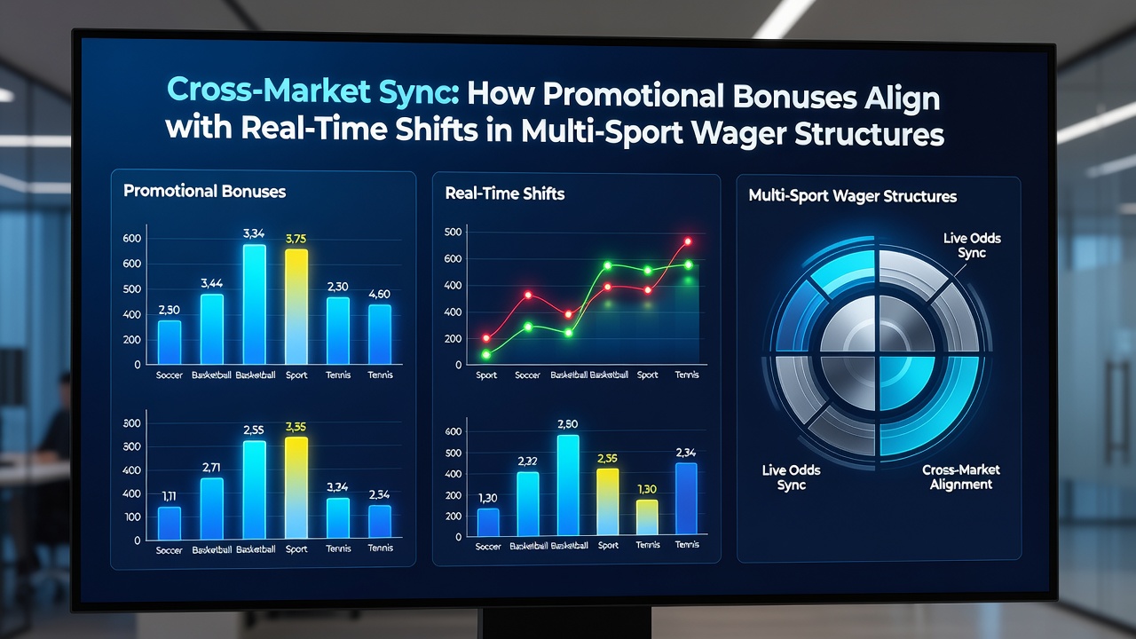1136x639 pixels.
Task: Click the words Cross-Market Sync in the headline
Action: pos(313,91)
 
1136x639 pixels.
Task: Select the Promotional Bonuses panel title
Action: pos(204,191)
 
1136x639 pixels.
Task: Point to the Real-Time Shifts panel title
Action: pos(505,193)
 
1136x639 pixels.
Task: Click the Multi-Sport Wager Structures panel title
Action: pos(853,196)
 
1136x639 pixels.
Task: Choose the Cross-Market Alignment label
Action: pos(961,477)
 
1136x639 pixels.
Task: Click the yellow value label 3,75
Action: pos(296,239)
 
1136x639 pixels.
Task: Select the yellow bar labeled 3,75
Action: pos(296,306)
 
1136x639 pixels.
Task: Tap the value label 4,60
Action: pos(379,294)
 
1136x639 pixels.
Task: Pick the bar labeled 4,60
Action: pos(379,335)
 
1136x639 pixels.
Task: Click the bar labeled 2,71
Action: pos(211,509)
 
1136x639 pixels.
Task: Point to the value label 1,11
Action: pos(169,496)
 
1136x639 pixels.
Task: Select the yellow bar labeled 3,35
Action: pos(296,487)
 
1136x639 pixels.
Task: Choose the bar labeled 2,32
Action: pos(527,503)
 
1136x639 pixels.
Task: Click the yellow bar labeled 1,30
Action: pos(647,517)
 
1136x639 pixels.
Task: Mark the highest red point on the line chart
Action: pos(688,241)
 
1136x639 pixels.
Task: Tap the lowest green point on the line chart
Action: pos(485,354)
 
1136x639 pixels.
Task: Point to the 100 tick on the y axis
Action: pos(132,517)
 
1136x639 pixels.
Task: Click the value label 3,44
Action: pos(211,283)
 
